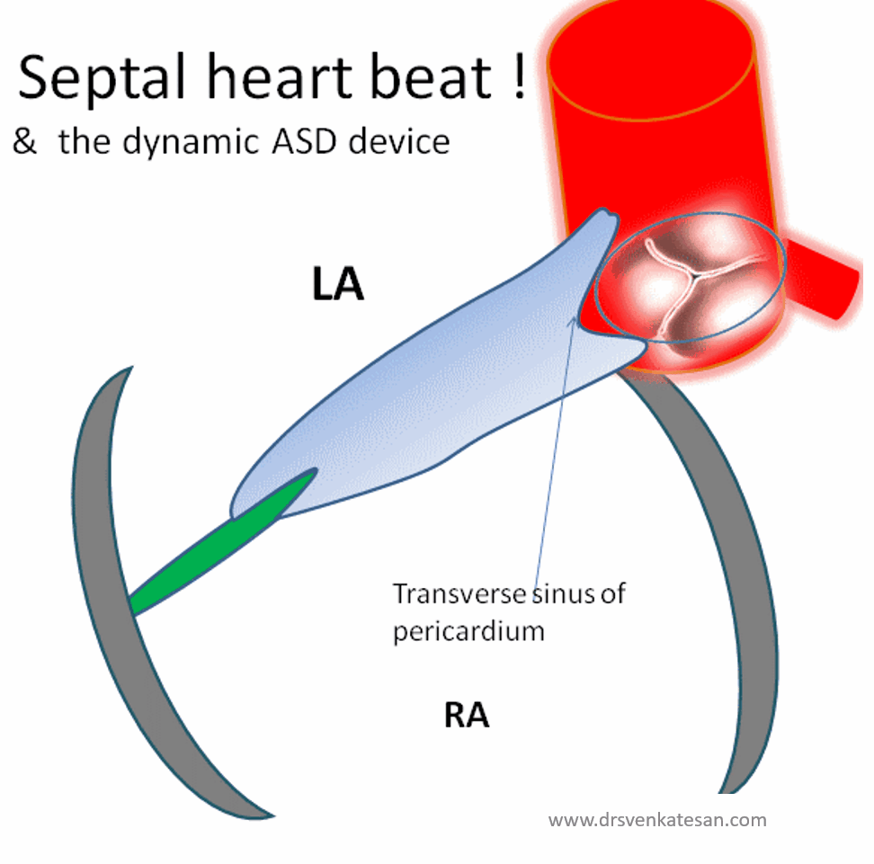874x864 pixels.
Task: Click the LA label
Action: (x=337, y=285)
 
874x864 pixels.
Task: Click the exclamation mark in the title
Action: (x=516, y=76)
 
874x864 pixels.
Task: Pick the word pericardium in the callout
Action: (x=468, y=630)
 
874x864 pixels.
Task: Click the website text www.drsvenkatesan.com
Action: (x=657, y=819)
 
